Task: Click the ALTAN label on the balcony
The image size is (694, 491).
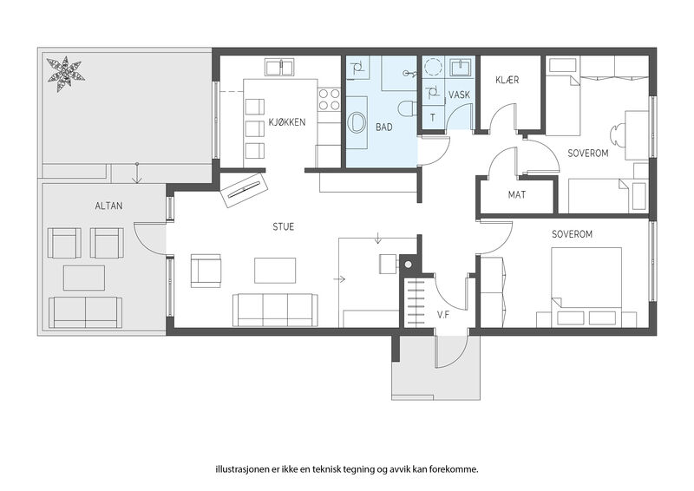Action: (109, 206)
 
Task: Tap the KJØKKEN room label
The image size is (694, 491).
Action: (287, 122)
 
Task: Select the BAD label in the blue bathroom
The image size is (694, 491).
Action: (383, 127)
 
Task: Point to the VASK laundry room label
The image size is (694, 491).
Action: (459, 95)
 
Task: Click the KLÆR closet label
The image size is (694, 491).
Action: (507, 80)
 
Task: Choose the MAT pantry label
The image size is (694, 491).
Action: (516, 195)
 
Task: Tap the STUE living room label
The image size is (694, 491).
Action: (284, 227)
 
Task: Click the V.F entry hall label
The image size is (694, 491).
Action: (443, 315)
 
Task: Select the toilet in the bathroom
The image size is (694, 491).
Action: (406, 108)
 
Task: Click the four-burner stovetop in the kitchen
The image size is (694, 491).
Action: (330, 99)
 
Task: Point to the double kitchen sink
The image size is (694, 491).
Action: (280, 68)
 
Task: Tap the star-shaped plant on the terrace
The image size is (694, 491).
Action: (66, 75)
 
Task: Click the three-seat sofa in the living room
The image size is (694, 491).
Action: (275, 310)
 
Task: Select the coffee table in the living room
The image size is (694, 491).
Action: (275, 271)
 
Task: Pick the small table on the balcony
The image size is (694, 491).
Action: (84, 278)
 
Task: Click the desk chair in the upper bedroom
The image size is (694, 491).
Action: (616, 134)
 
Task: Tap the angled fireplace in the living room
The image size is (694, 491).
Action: (245, 189)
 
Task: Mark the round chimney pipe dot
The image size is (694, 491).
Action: (408, 265)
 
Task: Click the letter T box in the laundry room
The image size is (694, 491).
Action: (432, 117)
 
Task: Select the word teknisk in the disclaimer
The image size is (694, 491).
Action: (327, 469)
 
